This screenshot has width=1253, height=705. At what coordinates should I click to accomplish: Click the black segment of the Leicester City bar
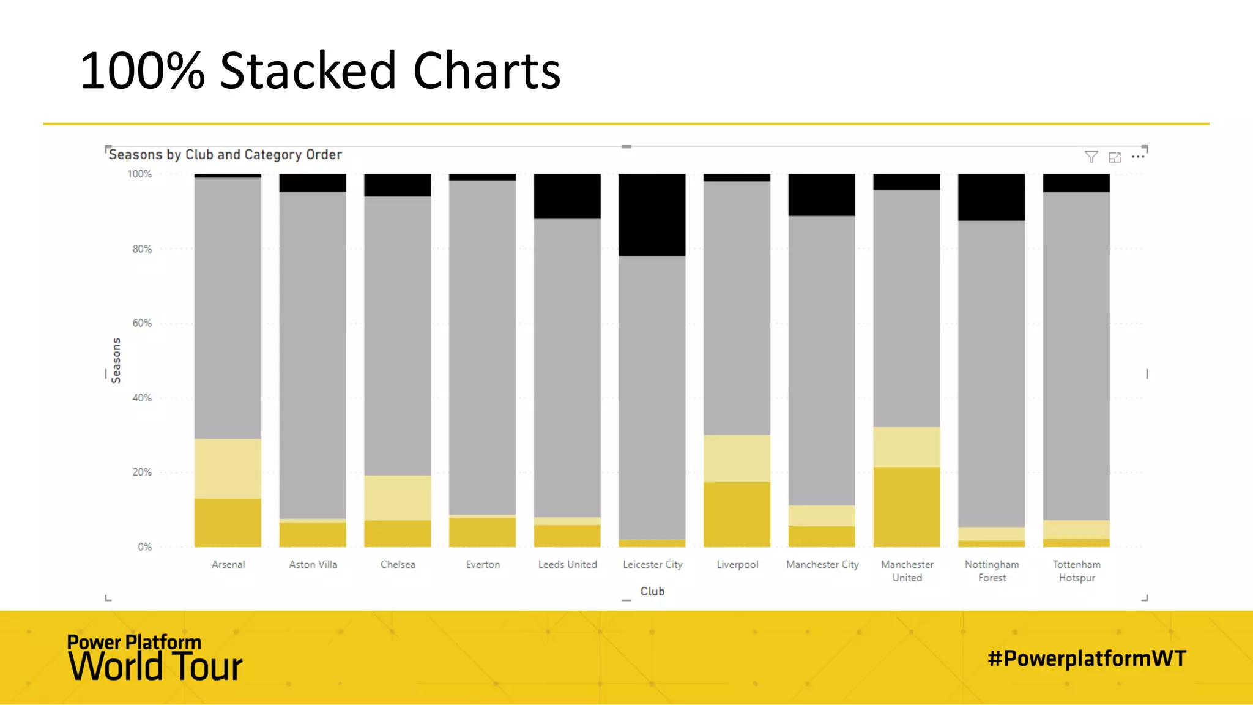(652, 215)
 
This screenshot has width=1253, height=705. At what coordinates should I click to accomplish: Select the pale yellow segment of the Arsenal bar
(228, 469)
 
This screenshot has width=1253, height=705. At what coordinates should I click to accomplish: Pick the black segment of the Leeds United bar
(567, 196)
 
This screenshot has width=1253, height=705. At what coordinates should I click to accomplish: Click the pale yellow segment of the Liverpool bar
(737, 458)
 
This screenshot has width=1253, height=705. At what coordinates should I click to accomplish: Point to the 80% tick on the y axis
(142, 249)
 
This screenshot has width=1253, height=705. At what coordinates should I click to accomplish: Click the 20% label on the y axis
(142, 472)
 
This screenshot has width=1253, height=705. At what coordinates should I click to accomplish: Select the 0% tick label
(144, 547)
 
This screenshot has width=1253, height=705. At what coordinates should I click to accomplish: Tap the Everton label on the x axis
(483, 565)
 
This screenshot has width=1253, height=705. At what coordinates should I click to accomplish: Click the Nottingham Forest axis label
(992, 571)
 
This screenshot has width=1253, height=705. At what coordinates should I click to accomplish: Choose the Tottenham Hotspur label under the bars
(1077, 571)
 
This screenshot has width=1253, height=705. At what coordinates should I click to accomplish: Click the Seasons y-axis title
(116, 360)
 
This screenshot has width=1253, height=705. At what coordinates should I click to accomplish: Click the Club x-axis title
(652, 592)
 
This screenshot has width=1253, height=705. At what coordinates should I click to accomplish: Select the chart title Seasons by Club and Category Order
(225, 155)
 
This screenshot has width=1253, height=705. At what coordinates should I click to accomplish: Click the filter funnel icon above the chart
(1091, 157)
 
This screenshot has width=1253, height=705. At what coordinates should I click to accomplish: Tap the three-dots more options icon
(1138, 157)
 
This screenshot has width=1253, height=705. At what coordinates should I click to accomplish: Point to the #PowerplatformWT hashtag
(1087, 658)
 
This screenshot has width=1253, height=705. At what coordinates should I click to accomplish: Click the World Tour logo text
(155, 666)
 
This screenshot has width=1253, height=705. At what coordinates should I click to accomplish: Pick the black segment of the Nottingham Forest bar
(991, 197)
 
